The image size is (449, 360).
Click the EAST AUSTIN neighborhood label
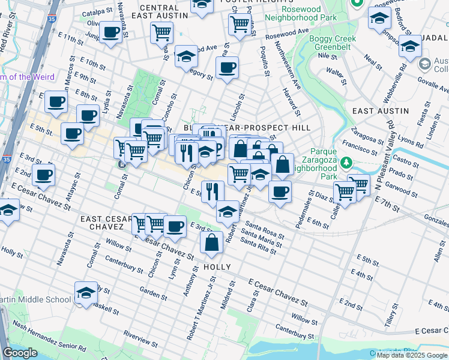[380, 111]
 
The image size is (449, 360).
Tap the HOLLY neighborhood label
[217, 266]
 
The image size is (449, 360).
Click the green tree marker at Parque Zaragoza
[346, 163]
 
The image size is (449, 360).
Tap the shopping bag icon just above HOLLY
[212, 243]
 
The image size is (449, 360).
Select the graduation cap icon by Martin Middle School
[86, 293]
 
